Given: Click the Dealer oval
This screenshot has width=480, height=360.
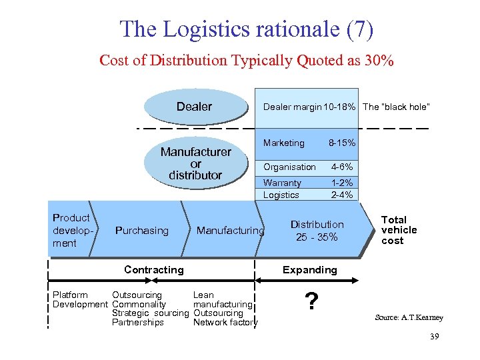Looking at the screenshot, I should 194,107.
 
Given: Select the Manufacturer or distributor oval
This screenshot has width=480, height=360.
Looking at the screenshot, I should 195,163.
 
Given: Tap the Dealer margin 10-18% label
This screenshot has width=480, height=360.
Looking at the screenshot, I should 311,107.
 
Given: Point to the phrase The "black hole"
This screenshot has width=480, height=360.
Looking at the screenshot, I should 396,107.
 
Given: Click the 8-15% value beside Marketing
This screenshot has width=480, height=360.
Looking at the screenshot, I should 342,143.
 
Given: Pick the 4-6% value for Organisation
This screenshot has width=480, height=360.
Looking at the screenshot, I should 342,167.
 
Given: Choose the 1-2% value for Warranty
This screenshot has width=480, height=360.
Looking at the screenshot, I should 342,183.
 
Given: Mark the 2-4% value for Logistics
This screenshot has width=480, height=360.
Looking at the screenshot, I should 342,195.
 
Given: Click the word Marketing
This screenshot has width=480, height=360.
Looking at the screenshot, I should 283,143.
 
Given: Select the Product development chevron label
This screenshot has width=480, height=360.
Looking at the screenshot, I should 71,230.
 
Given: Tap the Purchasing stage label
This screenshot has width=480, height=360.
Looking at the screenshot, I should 142,231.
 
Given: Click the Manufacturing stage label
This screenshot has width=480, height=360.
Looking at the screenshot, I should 230,231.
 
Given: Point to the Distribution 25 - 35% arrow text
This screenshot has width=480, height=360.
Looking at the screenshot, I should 317,231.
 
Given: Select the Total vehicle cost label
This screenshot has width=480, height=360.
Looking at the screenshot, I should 399,230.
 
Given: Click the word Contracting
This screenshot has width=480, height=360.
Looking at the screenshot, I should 153,270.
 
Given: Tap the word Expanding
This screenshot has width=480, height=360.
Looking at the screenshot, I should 309,270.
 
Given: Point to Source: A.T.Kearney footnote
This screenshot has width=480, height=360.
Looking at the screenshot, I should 409,317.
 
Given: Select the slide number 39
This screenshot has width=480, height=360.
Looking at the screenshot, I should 434,337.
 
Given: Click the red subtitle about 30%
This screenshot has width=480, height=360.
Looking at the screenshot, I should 247,61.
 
